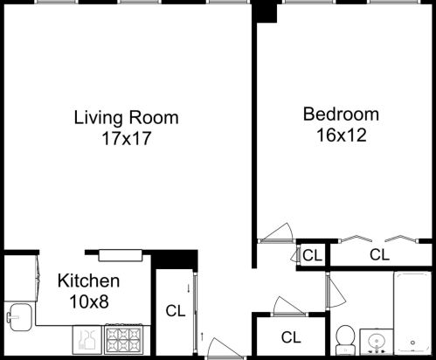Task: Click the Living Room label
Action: pos(126,117)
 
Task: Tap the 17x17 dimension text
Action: pos(126,138)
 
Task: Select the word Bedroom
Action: pos(341,114)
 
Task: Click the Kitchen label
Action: pos(87,281)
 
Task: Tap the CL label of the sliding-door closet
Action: pos(175,310)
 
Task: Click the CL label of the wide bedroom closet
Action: pos(378,255)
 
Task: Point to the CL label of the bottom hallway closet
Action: pos(291,337)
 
